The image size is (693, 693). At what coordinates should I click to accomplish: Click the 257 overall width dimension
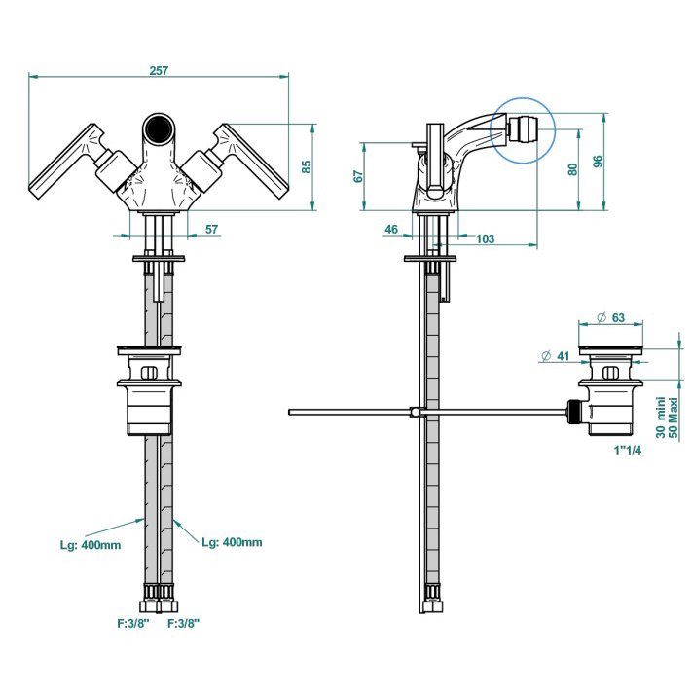pyautogui.click(x=161, y=70)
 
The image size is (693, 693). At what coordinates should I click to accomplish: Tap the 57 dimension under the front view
pyautogui.click(x=211, y=230)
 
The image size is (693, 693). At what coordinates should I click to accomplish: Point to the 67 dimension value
pyautogui.click(x=358, y=176)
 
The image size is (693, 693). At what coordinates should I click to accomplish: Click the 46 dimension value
pyautogui.click(x=392, y=230)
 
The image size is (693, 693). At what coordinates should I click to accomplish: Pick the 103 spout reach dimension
pyautogui.click(x=485, y=238)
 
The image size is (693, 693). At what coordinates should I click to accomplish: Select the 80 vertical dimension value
pyautogui.click(x=573, y=167)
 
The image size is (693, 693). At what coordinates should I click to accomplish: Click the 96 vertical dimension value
pyautogui.click(x=599, y=161)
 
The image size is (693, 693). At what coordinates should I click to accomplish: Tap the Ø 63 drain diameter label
pyautogui.click(x=610, y=317)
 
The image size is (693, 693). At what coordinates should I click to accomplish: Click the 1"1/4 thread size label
pyautogui.click(x=628, y=451)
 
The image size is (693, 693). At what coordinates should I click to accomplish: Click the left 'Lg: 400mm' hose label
pyautogui.click(x=91, y=545)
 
